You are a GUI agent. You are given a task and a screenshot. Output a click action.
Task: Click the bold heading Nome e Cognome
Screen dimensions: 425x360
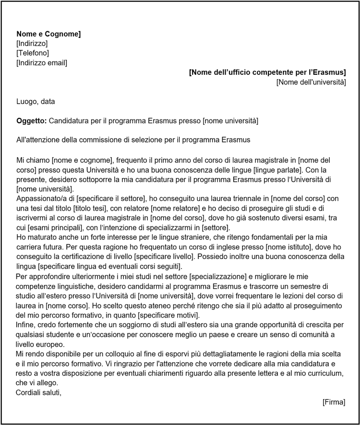[48, 34]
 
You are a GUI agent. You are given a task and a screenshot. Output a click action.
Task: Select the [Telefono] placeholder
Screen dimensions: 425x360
[33, 53]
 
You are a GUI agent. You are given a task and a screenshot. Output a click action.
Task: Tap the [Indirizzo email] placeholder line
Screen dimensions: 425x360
[42, 62]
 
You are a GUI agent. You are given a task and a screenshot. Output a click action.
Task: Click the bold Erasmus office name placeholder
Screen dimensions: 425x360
[267, 72]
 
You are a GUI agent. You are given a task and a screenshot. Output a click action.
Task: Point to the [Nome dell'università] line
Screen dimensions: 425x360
[311, 82]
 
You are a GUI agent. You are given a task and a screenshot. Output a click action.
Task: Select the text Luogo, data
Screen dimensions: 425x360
[36, 102]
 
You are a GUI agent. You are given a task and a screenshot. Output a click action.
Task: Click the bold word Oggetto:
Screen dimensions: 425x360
[32, 121]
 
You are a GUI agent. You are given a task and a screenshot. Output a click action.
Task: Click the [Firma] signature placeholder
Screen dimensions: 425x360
[334, 401]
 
